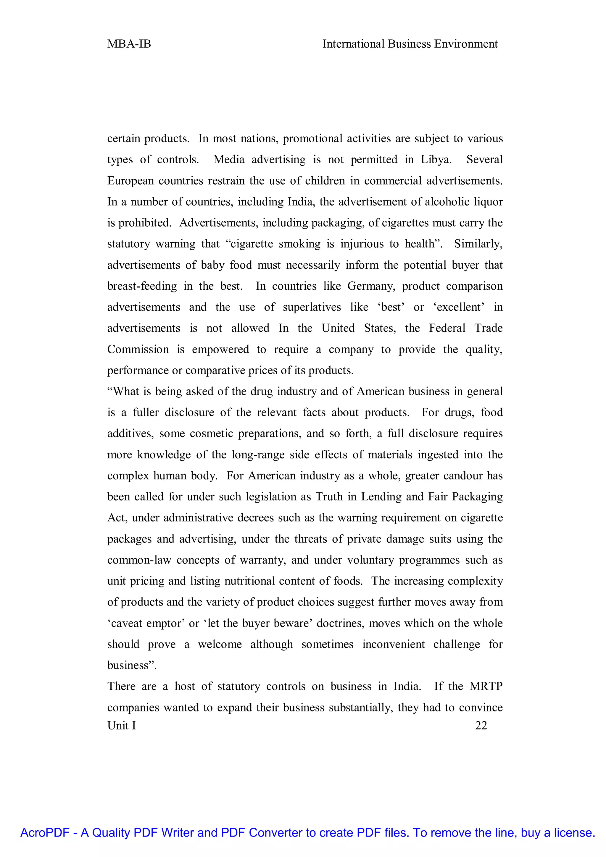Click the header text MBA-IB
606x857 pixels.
coord(129,44)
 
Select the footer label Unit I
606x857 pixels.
coord(122,725)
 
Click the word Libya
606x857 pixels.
coord(436,160)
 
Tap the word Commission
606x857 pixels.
coord(138,349)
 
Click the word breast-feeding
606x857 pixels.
coord(142,286)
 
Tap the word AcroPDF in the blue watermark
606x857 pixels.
coord(45,833)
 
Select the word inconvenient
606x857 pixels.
coord(393,644)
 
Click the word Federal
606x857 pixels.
coord(447,328)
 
